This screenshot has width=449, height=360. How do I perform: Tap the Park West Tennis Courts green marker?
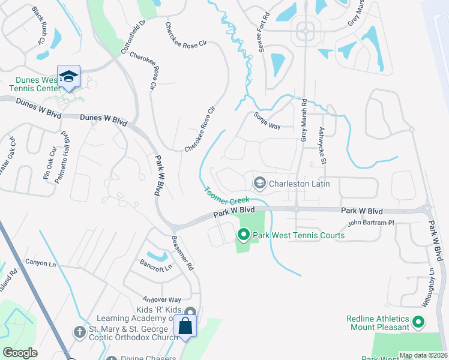point(244,235)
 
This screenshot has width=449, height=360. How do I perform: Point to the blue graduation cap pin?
point(68,77)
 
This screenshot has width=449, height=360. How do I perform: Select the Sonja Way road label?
point(267,121)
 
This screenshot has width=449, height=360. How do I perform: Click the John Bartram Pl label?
point(371,223)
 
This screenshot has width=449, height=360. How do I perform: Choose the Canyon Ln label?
point(40,263)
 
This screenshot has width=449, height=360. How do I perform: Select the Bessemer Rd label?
point(183,251)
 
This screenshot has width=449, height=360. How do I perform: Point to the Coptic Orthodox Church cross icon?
point(79,331)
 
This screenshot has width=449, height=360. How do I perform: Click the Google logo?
point(20,353)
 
